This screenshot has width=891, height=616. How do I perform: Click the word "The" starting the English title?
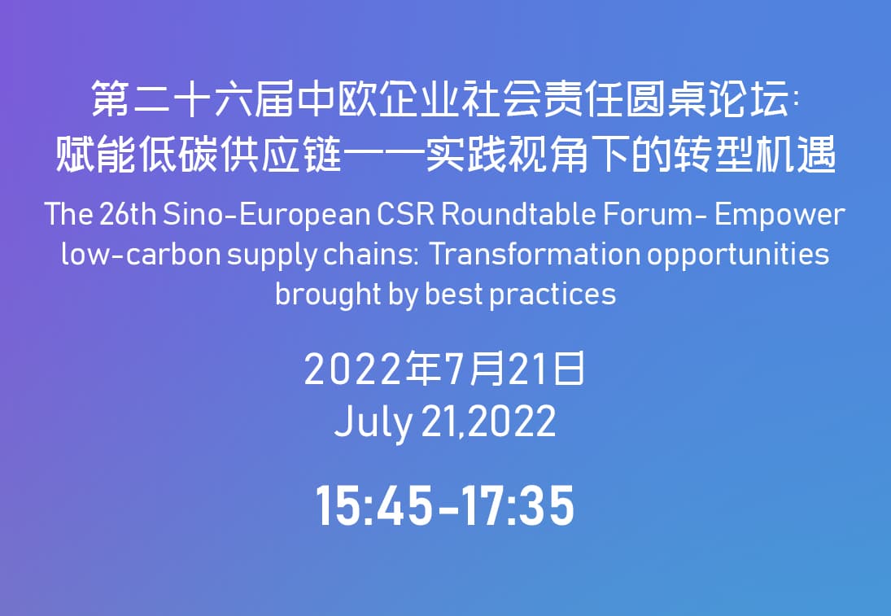(68, 214)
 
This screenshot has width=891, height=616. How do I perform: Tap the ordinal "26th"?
(128, 214)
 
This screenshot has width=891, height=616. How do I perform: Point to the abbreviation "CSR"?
(406, 214)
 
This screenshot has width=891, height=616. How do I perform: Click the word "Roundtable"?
(519, 214)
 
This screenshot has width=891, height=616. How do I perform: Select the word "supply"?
(272, 256)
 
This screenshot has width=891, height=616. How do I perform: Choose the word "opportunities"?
(738, 256)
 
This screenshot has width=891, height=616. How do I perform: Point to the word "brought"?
(328, 295)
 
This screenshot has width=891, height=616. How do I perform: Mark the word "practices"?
(553, 295)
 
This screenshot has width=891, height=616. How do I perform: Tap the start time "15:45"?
(373, 506)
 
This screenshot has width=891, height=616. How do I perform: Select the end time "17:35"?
(517, 506)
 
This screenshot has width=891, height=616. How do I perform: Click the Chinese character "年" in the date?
(425, 369)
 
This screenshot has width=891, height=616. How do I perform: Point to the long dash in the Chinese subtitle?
(383, 155)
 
